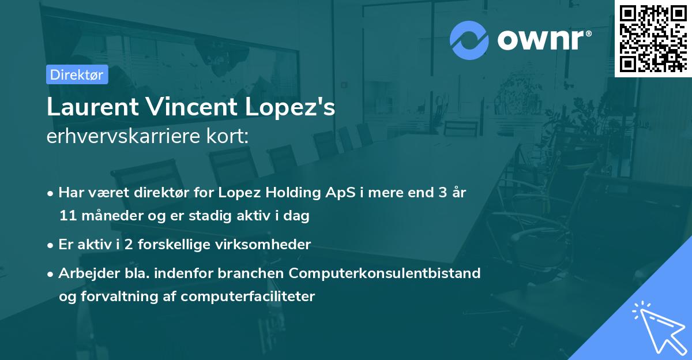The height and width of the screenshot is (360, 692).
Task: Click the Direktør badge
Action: [77, 74]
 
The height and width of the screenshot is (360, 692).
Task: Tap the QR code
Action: [653, 38]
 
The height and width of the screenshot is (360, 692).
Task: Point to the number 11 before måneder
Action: [67, 216]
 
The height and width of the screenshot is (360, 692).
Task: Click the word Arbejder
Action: [85, 273]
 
